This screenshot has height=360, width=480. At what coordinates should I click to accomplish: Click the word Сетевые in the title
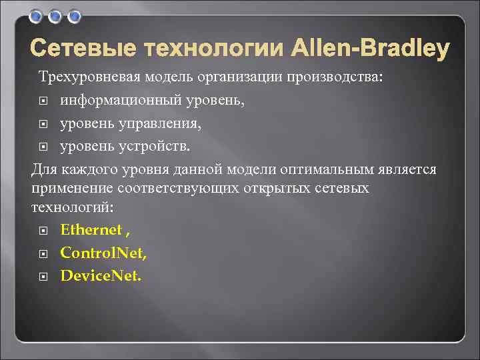[x=83, y=49]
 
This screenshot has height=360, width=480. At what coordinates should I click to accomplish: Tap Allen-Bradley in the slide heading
[x=369, y=49]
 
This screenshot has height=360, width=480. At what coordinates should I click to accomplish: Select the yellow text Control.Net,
[x=103, y=253]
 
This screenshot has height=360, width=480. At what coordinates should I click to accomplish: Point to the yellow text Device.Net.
[x=101, y=275]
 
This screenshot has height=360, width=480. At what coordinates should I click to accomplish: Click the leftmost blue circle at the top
[x=37, y=15]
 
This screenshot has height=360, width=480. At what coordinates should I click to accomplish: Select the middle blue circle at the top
[x=55, y=15]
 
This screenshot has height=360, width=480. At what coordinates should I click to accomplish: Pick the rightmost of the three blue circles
[x=73, y=15]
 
